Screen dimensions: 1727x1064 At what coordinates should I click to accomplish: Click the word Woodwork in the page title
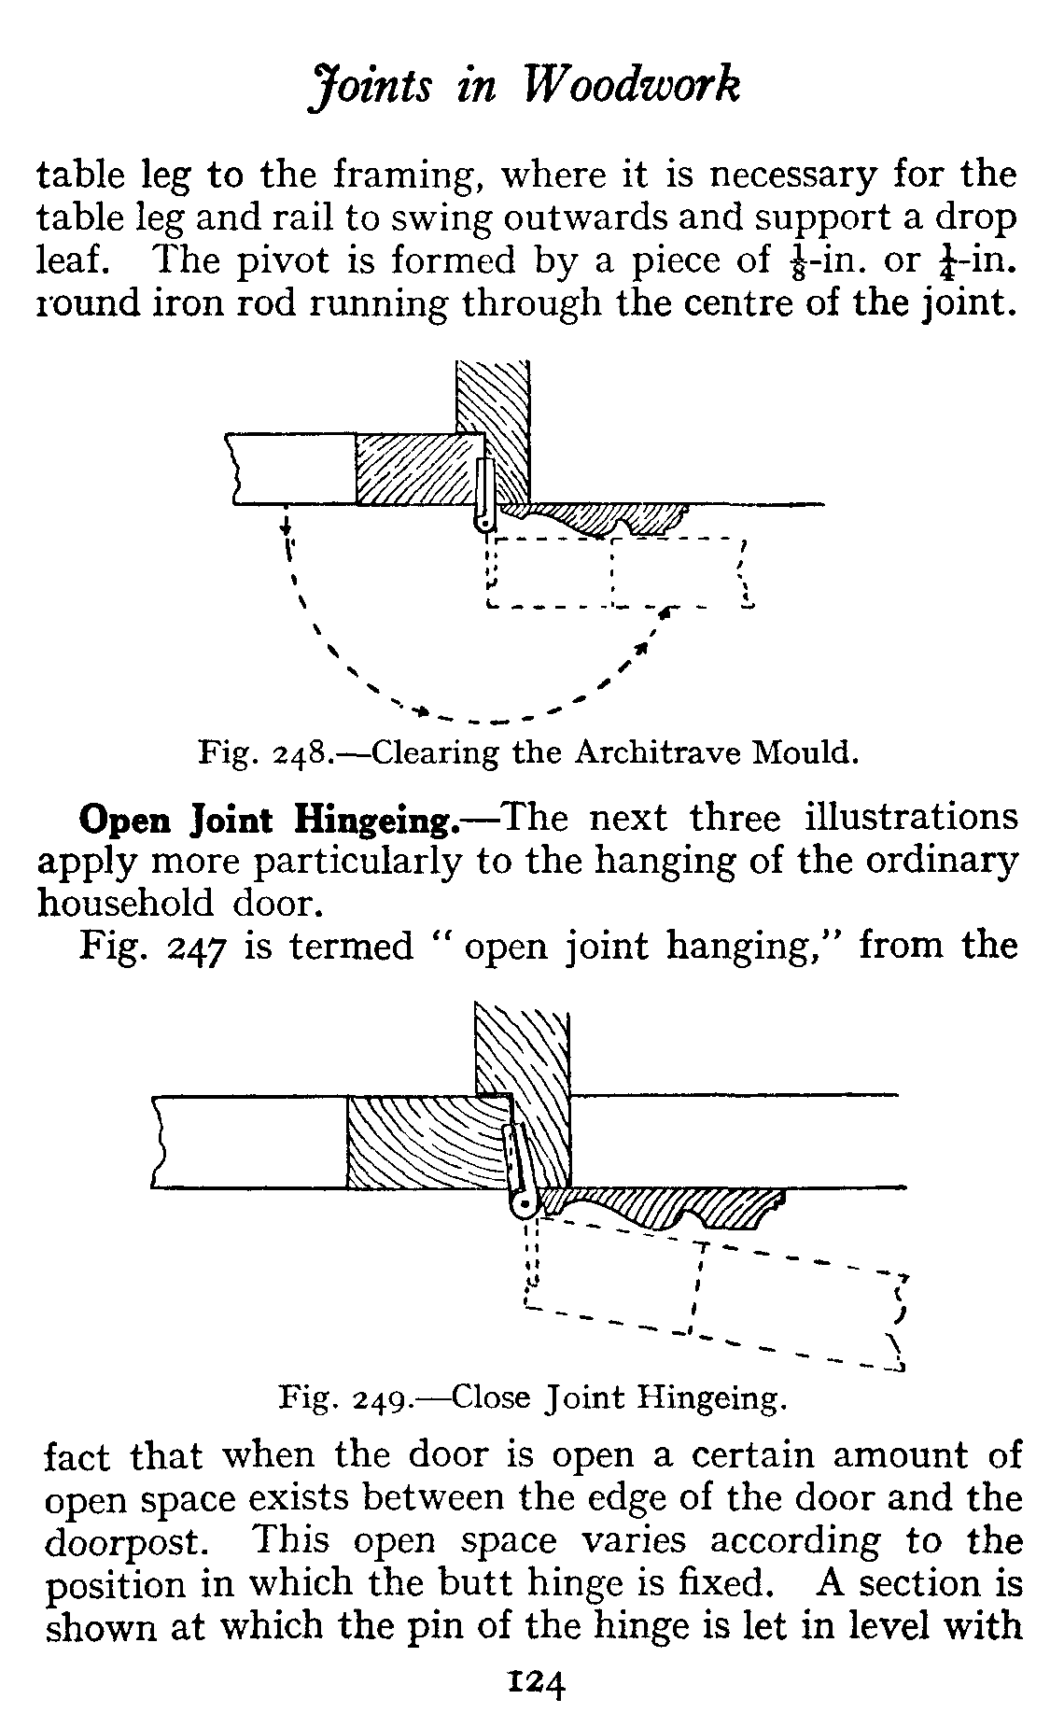pos(635,87)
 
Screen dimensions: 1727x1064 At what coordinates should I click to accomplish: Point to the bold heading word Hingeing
pos(376,820)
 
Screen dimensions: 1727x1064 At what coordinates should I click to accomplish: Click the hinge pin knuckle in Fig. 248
pos(483,524)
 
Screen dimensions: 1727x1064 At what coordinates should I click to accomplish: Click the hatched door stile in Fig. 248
pos(415,469)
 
